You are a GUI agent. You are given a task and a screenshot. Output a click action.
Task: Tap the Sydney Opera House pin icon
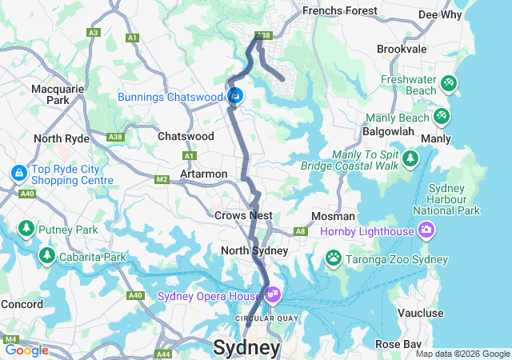273,295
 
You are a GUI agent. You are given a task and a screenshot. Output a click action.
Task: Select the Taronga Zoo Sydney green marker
333,258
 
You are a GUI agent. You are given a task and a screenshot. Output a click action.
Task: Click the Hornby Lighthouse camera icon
426,230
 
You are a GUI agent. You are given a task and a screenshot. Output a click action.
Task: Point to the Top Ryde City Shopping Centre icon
18,173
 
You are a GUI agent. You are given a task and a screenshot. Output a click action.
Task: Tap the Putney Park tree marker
26,230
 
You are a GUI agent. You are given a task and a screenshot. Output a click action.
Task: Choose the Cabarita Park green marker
47,256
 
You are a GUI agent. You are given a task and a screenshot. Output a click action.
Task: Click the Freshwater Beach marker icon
449,82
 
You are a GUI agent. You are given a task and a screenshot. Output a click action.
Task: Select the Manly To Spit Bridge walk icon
410,158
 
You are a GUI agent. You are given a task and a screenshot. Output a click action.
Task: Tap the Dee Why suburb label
439,14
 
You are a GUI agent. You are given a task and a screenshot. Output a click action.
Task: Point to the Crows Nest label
243,215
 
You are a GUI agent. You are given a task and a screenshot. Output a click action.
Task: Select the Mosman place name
333,216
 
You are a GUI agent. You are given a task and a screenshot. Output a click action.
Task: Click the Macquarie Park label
58,94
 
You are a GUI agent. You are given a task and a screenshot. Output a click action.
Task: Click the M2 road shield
162,179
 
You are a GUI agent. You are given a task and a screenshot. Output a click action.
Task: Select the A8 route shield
300,231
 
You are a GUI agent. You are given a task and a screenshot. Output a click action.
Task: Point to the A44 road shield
163,354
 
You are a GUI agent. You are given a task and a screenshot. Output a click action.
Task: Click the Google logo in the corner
26,350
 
